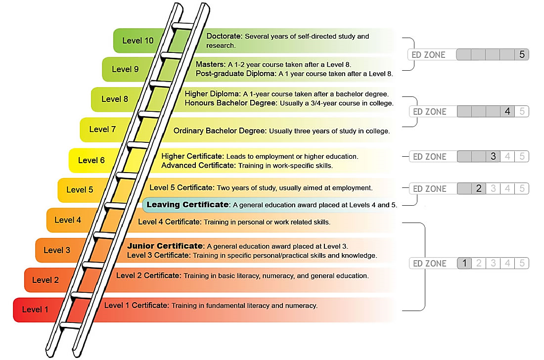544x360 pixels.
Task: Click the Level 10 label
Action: point(138,41)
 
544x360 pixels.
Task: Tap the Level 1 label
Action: point(35,310)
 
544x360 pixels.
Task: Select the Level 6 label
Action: point(91,160)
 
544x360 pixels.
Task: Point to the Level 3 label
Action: point(57,250)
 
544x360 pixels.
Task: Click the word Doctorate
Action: point(224,36)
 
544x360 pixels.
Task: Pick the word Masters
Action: point(210,64)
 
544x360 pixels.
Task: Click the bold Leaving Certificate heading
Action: point(188,204)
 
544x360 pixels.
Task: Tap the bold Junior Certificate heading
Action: point(165,246)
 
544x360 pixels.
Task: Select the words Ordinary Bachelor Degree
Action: point(220,131)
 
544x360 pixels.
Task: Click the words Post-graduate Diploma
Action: point(236,74)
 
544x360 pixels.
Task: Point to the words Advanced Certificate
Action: point(198,165)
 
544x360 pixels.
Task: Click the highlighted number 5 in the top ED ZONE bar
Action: point(522,54)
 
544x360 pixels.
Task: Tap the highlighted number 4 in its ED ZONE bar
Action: point(507,112)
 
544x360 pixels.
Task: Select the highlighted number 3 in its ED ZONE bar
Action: point(493,157)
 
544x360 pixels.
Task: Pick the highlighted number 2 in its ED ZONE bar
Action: point(478,188)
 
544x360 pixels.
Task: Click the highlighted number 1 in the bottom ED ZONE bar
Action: point(464,264)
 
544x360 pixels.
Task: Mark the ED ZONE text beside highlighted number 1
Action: point(429,264)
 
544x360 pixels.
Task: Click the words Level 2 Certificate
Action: point(147,275)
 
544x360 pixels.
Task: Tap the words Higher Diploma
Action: point(212,93)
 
